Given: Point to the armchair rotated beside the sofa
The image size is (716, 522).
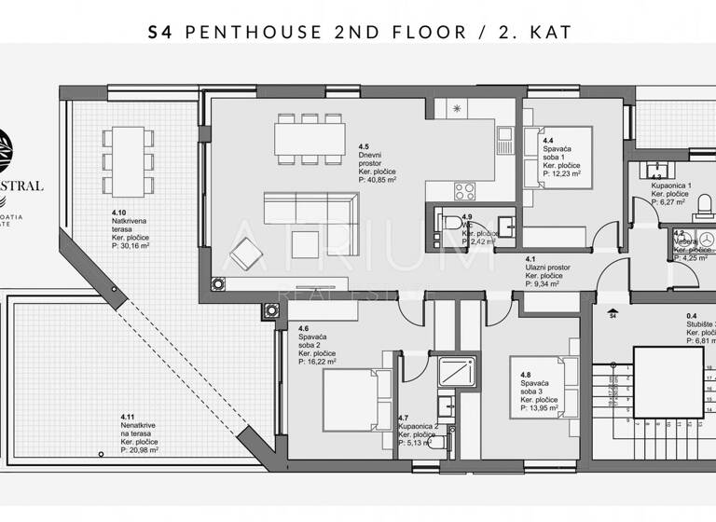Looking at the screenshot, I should pyautogui.click(x=247, y=252).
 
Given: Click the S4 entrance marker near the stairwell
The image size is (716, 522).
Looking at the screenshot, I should pyautogui.click(x=613, y=314).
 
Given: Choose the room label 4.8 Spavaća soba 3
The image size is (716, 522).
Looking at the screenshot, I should pyautogui.click(x=540, y=389).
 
